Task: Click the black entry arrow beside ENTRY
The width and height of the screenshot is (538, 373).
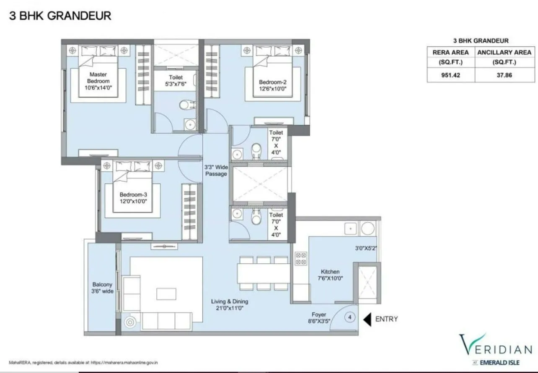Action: (367, 319)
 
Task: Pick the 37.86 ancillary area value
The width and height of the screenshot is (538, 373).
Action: (504, 75)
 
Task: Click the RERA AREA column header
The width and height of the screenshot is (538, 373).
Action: (451, 52)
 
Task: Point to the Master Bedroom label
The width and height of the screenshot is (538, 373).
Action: (98, 78)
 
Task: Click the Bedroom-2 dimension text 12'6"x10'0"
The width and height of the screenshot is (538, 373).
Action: (272, 88)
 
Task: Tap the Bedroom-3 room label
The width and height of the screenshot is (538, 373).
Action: (133, 195)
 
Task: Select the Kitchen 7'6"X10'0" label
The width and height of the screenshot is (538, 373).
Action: (330, 275)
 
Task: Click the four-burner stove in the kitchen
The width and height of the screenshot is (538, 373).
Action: (301, 258)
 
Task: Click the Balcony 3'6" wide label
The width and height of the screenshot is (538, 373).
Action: (103, 288)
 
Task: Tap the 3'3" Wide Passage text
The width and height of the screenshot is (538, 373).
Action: (216, 170)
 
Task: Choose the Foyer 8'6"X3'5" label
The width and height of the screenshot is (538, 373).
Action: (319, 318)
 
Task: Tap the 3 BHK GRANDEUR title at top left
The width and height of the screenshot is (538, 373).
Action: (60, 16)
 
